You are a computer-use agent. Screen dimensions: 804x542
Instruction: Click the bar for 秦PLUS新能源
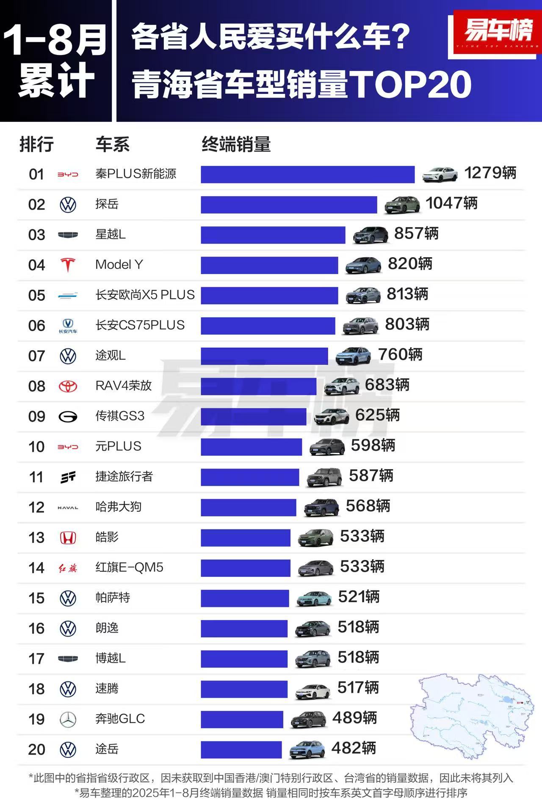point(307,174)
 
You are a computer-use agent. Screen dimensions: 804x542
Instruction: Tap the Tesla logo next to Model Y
point(68,265)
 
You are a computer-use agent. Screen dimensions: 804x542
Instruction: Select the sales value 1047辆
point(451,203)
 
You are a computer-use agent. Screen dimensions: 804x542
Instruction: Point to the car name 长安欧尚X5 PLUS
point(145,295)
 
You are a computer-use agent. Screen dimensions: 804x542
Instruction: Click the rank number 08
point(37,386)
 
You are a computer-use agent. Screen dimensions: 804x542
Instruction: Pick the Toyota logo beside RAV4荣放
point(68,386)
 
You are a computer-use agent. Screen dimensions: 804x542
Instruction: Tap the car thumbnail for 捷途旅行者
point(324,477)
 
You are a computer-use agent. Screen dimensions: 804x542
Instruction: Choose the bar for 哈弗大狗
point(248,508)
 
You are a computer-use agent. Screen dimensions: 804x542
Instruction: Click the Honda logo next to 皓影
point(68,538)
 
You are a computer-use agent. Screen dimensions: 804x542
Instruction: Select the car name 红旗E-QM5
point(129,568)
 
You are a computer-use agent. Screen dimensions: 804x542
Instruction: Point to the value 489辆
point(354,718)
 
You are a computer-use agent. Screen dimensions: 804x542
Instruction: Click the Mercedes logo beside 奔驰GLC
point(68,719)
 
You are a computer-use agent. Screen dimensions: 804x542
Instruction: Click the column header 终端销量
point(236,145)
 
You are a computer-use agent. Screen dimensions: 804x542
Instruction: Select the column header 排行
point(36,145)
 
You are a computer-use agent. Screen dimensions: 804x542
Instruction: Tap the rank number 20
point(37,749)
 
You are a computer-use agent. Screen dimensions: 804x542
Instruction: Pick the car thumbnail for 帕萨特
point(313,598)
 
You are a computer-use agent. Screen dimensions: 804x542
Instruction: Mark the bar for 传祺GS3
point(253,417)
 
